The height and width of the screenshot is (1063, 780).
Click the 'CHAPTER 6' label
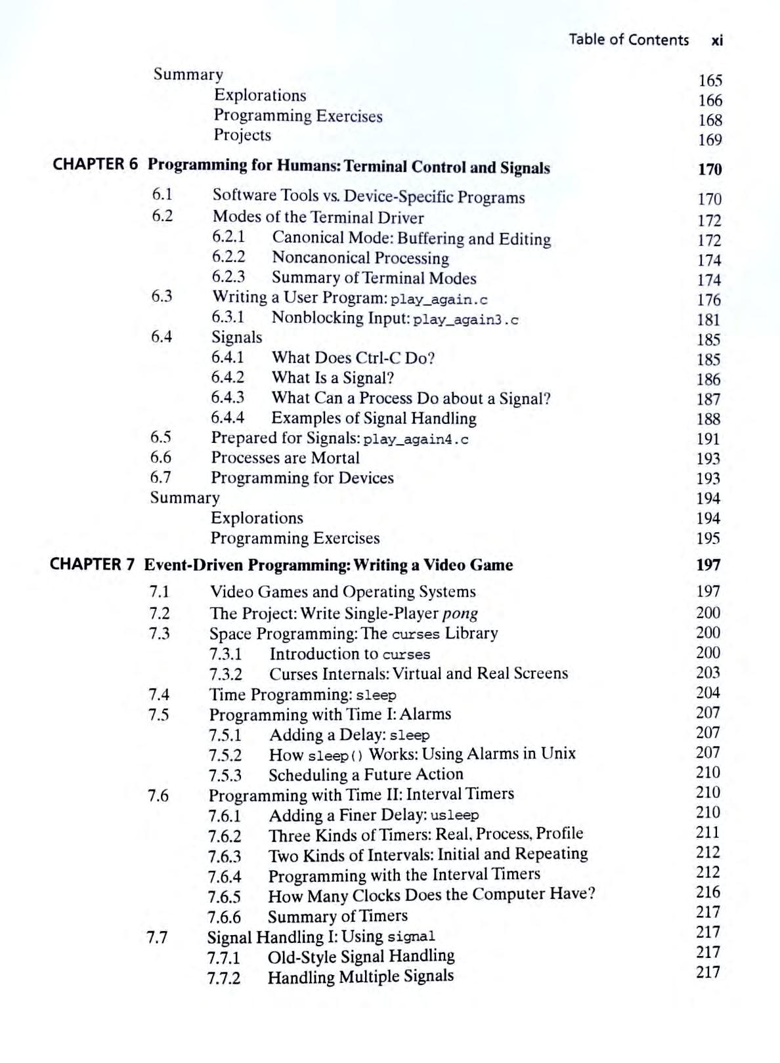tap(95, 164)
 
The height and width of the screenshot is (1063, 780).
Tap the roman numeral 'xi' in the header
tap(716, 40)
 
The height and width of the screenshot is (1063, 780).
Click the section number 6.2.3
tap(228, 277)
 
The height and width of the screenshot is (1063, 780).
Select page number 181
tap(708, 320)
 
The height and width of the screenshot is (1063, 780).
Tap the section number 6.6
tap(161, 457)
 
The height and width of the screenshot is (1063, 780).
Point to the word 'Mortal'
tap(337, 458)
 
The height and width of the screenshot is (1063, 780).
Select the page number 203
tap(708, 673)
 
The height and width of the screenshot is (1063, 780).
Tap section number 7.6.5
tap(224, 896)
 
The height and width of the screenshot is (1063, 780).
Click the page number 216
tap(708, 892)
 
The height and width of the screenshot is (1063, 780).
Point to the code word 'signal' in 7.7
tap(411, 936)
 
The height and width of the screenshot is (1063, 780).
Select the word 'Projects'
tap(242, 135)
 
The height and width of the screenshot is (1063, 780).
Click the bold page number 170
tap(709, 169)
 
